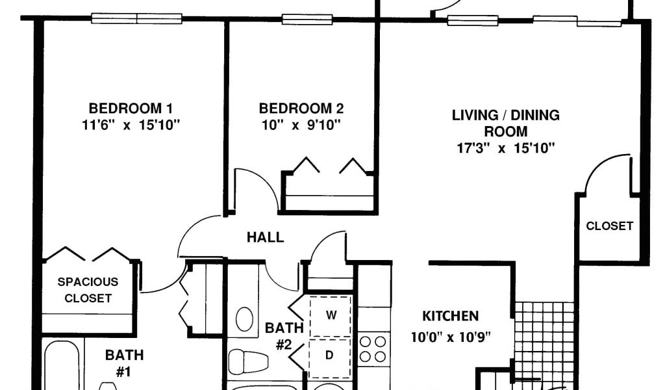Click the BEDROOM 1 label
131,108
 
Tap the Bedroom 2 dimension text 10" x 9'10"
301,125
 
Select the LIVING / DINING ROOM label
505,123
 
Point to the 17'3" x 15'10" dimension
505,148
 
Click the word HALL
266,237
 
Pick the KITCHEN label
451,316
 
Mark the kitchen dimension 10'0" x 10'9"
451,337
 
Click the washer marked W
331,315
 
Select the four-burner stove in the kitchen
373,349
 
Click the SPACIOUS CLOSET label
88,290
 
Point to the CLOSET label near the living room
609,226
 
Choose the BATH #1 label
124,363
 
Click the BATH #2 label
284,335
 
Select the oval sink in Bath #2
244,319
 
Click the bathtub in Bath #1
62,365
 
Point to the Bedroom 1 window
136,18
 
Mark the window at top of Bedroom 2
307,19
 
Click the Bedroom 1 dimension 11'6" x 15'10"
131,125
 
